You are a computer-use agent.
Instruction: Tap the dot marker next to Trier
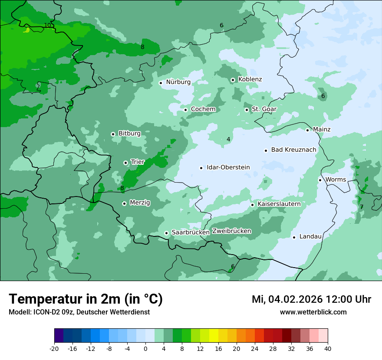point(125,163)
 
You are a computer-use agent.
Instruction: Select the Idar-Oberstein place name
point(228,167)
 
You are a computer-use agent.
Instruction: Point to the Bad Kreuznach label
point(293,150)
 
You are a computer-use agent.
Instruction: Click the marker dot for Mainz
point(307,130)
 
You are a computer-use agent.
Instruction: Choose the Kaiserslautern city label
point(279,204)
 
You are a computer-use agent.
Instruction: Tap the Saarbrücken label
point(191,232)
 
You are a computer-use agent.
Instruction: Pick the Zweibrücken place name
point(231,231)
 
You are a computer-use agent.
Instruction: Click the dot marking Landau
point(294,237)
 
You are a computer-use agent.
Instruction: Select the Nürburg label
point(178,82)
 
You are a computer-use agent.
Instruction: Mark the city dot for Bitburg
point(113,134)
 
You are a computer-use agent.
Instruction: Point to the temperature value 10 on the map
point(47,25)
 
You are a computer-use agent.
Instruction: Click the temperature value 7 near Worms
point(361,207)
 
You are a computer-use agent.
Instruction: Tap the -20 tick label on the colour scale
point(54,348)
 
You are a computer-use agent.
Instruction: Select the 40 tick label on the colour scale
point(328,348)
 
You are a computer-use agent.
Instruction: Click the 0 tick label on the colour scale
point(145,348)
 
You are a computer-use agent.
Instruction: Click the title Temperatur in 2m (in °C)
point(86,299)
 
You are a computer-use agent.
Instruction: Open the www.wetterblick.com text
point(313,312)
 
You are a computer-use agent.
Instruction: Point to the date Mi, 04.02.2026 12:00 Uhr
point(311,299)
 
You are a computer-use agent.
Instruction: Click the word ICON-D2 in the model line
point(44,312)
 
